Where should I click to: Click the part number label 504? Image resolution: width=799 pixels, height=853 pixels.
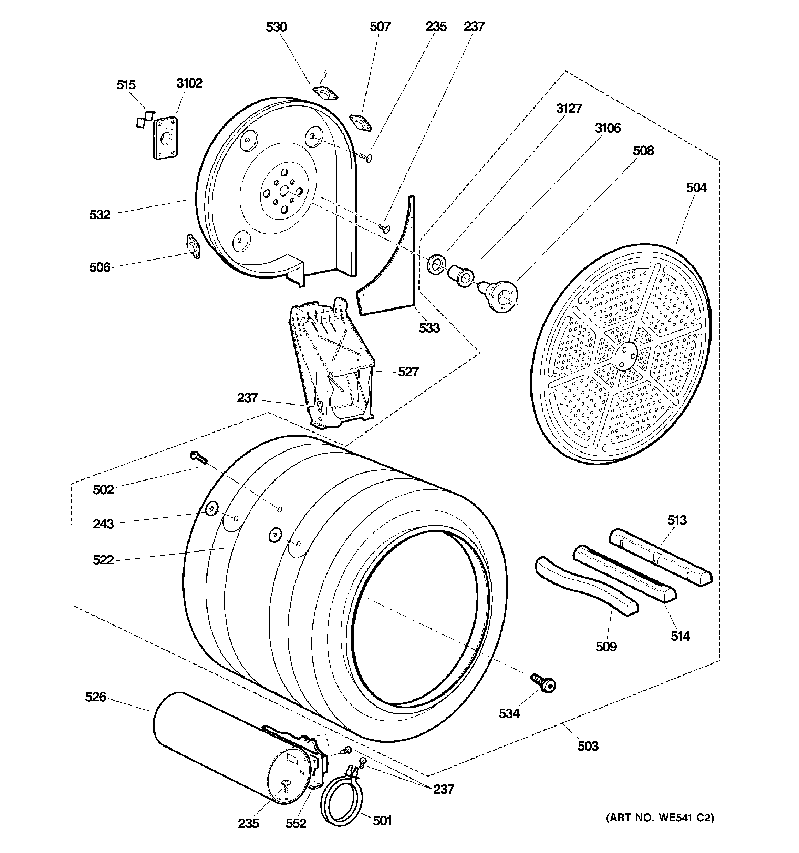696,187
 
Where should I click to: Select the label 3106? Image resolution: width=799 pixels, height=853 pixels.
607,128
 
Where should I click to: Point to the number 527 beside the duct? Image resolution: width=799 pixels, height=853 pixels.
408,372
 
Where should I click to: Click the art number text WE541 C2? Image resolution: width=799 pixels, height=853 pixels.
660,818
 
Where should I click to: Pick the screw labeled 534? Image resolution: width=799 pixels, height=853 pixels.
544,682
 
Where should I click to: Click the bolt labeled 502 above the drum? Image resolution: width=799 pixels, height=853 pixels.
198,458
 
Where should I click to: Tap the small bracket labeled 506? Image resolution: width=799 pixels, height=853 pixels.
194,246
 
